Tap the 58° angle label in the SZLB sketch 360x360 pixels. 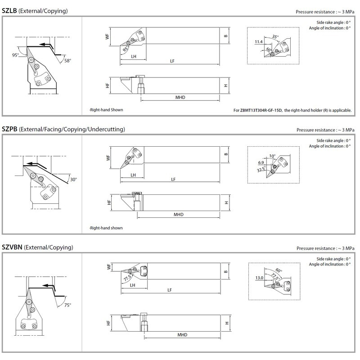tap(67, 60)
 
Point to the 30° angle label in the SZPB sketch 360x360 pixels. tap(73, 179)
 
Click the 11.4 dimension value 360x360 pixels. tap(258, 42)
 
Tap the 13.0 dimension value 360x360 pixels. tap(258, 278)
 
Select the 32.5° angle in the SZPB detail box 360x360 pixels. tap(261, 171)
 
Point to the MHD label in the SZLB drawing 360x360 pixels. tap(180, 97)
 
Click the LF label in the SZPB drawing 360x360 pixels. tap(173, 179)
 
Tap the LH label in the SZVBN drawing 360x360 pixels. tap(133, 285)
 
